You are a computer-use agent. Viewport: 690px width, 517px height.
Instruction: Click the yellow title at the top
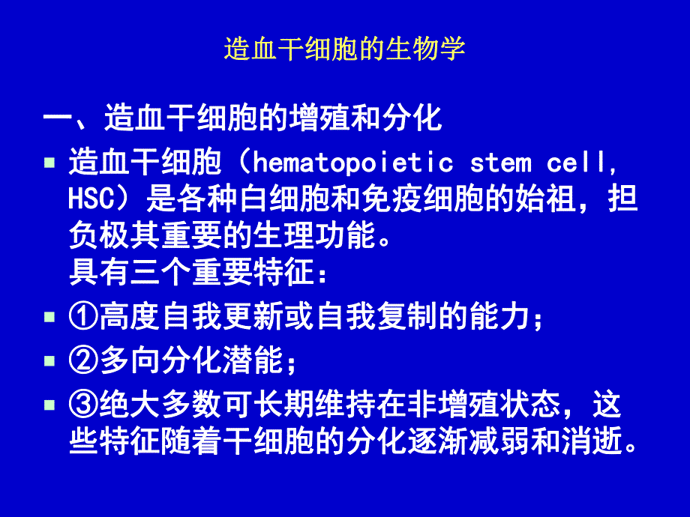(x=345, y=49)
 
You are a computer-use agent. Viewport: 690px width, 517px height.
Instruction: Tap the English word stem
(x=501, y=163)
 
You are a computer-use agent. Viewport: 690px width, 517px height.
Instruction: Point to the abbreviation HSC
(x=89, y=200)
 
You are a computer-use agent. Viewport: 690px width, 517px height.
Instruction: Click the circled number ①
(x=82, y=318)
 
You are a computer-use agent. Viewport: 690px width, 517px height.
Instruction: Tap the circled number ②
(x=82, y=363)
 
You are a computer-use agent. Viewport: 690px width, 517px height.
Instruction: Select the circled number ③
(x=82, y=406)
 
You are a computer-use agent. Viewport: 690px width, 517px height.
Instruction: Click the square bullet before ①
(x=49, y=318)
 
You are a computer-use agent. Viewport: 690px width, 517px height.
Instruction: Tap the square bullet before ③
(x=49, y=405)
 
